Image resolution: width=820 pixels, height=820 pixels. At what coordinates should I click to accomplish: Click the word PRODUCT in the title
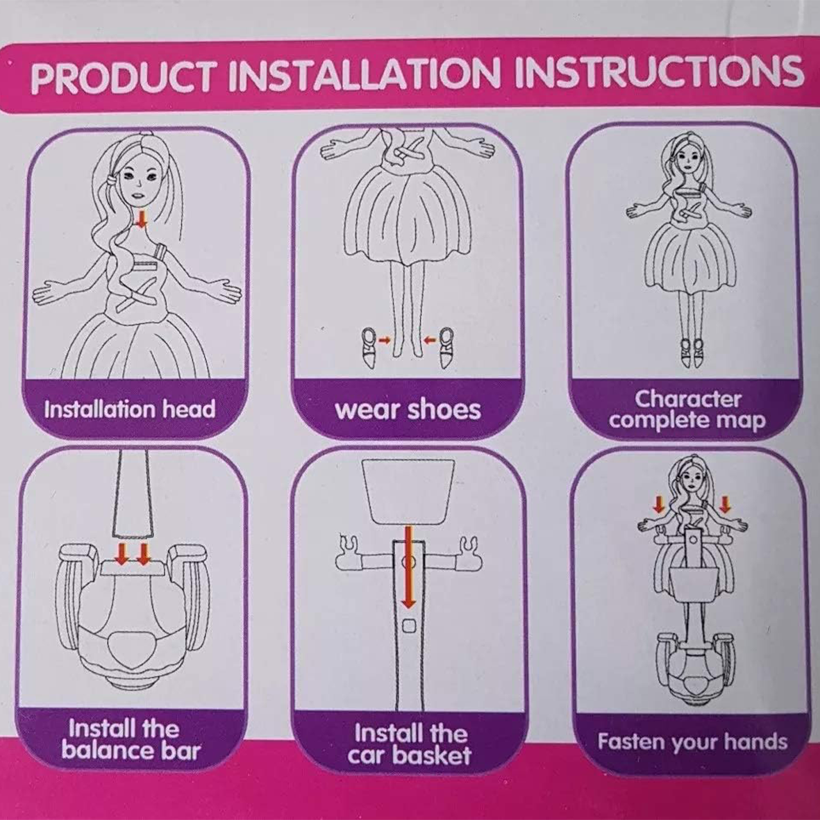(x=123, y=78)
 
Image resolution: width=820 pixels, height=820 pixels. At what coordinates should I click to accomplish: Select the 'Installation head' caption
(x=130, y=409)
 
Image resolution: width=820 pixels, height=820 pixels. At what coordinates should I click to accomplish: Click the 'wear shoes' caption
(x=408, y=410)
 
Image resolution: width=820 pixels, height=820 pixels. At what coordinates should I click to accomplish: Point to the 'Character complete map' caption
(x=687, y=410)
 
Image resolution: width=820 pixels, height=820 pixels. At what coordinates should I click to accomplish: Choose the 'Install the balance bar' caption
(x=131, y=739)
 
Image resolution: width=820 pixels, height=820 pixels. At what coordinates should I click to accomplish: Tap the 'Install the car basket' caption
(x=410, y=744)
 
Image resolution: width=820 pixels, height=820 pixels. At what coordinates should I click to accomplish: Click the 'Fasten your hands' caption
(x=692, y=742)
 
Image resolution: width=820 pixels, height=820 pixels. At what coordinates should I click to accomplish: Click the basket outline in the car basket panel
(x=408, y=492)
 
